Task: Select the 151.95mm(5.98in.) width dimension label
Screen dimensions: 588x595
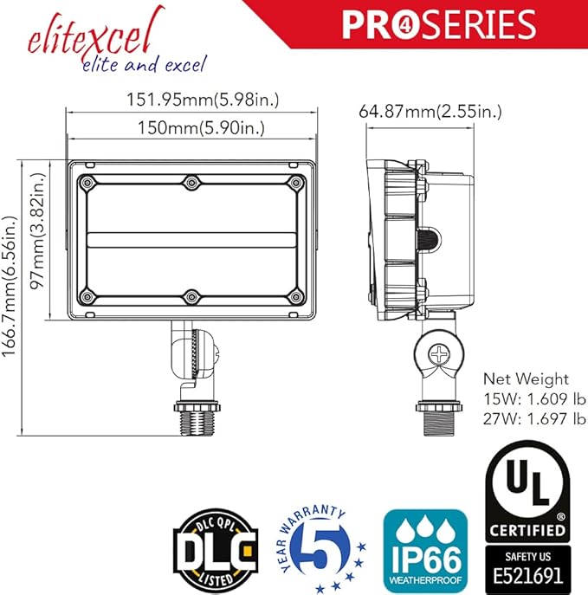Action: pyautogui.click(x=203, y=100)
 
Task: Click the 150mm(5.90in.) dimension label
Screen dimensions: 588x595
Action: pyautogui.click(x=201, y=128)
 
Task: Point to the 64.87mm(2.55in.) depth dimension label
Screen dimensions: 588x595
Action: pyautogui.click(x=430, y=112)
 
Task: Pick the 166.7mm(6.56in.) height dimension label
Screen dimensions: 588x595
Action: pyautogui.click(x=10, y=287)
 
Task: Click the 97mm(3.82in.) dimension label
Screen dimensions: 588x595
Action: pyautogui.click(x=38, y=230)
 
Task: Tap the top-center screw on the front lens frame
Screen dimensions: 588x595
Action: pyautogui.click(x=191, y=183)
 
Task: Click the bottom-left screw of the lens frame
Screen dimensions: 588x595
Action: pyautogui.click(x=87, y=296)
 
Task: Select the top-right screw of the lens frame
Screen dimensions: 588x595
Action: pyautogui.click(x=295, y=183)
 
